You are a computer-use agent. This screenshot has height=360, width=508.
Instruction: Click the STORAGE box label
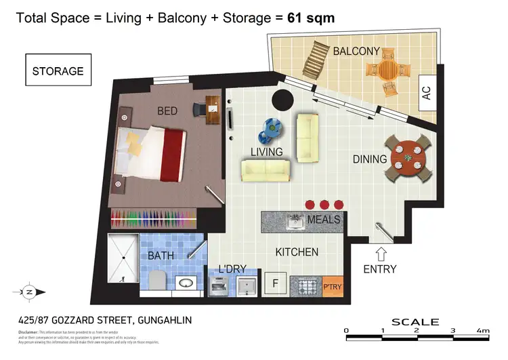coord(58,71)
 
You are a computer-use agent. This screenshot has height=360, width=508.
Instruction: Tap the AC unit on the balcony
coord(426,93)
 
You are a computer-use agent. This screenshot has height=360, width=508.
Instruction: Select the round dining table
coord(408,158)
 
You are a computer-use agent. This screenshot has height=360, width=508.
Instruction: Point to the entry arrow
coord(381,254)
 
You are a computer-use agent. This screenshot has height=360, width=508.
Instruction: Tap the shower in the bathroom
coord(123,258)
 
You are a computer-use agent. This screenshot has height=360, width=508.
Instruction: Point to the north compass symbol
coord(30,292)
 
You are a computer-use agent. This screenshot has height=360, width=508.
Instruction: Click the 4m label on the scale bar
coord(482,331)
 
